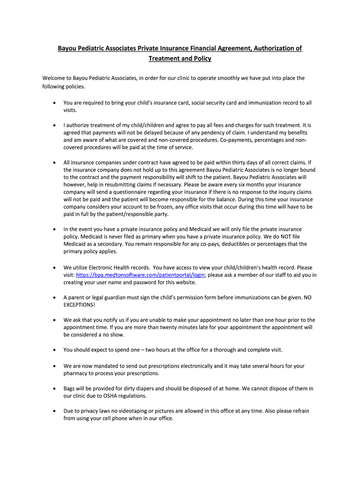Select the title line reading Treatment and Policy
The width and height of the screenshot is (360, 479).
tap(180, 58)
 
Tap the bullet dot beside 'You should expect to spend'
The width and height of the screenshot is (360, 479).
tap(55, 350)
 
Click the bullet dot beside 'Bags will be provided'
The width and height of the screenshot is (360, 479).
tap(55, 388)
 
